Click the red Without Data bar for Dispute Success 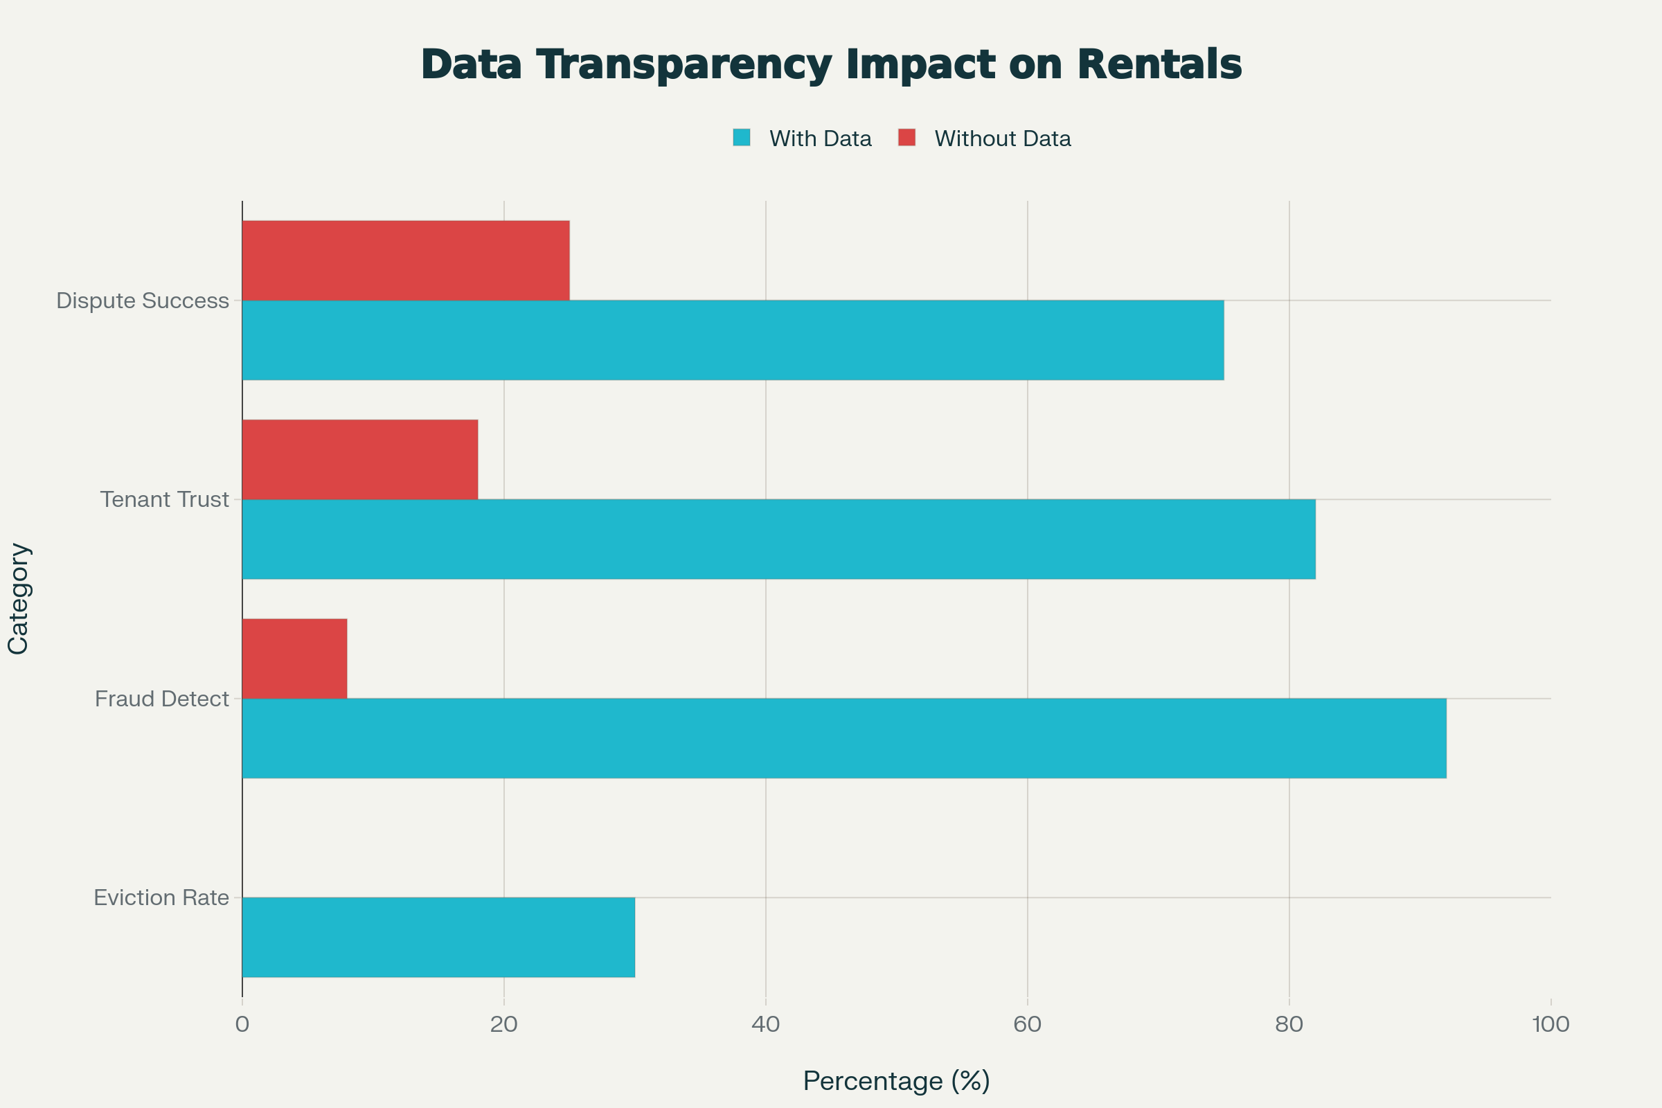pos(406,260)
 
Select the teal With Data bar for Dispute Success pos(733,340)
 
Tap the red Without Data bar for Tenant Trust pos(359,459)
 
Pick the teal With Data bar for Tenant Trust pos(778,539)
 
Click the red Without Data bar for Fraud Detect pos(295,659)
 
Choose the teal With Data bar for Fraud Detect pos(843,738)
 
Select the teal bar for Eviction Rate pos(438,938)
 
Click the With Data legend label pos(820,138)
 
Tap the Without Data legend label pos(1002,138)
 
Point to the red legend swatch pos(906,138)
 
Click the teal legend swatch pos(741,138)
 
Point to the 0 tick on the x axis pos(242,1024)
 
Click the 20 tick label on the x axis pos(504,1024)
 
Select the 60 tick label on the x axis pos(1028,1024)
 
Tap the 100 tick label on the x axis pos(1551,1024)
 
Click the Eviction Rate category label pos(161,898)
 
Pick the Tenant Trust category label pos(165,499)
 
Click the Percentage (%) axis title pos(896,1080)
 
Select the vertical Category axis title pos(18,598)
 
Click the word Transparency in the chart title pos(683,65)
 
